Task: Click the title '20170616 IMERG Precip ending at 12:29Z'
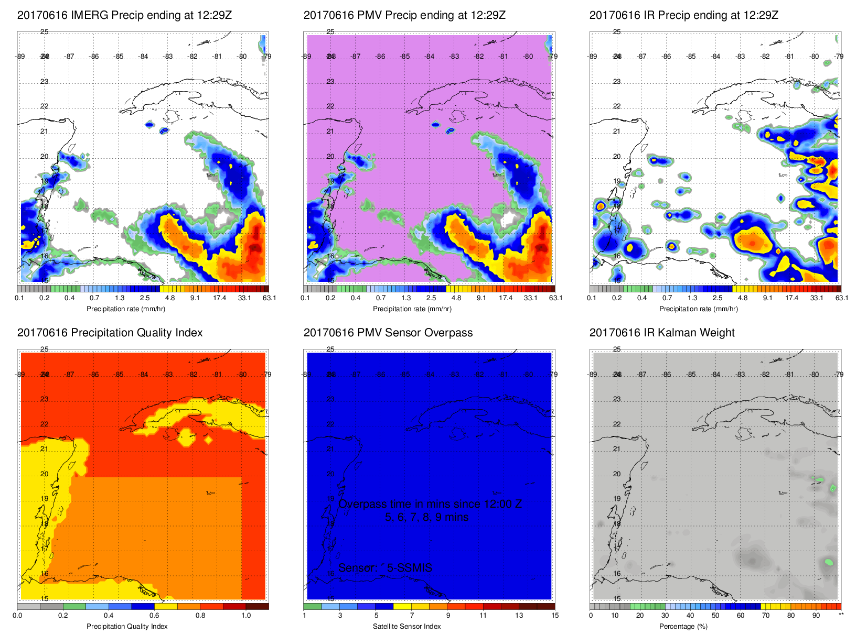click(x=124, y=15)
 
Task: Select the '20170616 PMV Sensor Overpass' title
click(x=388, y=333)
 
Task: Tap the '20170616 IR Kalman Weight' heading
click(x=661, y=333)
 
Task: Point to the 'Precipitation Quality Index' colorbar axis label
click(x=127, y=626)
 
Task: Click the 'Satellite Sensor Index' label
click(x=406, y=626)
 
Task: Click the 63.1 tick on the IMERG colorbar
click(x=269, y=298)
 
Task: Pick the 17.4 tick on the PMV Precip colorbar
click(x=506, y=298)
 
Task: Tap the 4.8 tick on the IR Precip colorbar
click(x=742, y=298)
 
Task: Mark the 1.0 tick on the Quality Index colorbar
click(x=246, y=616)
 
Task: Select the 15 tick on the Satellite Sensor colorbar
click(x=555, y=616)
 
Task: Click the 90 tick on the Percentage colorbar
click(x=816, y=616)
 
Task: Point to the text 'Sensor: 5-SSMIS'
click(x=385, y=568)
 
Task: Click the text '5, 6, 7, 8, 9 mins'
click(x=427, y=517)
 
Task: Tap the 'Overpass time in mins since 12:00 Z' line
click(x=430, y=504)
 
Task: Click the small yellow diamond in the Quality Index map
click(x=208, y=440)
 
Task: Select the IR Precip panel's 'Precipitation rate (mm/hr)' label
click(x=698, y=309)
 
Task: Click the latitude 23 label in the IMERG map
click(x=45, y=82)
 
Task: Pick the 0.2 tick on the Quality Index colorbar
click(x=63, y=616)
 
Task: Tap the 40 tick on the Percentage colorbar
click(x=690, y=616)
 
